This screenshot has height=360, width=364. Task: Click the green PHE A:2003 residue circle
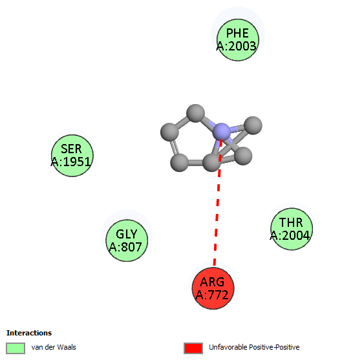coord(238,40)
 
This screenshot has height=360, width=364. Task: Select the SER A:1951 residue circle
coord(72,156)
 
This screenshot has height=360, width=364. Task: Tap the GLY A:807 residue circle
coord(127,240)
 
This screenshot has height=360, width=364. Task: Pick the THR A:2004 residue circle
coord(292,229)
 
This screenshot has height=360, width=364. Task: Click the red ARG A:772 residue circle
coord(213,288)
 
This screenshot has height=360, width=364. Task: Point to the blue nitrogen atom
coord(222,132)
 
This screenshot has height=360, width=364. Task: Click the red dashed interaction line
coord(218,202)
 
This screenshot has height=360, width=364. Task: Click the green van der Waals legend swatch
coord(16,348)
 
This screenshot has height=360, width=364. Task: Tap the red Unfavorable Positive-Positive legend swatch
coord(193,348)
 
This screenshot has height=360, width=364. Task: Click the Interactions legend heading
coord(29,333)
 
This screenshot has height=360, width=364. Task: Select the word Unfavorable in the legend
coord(228,347)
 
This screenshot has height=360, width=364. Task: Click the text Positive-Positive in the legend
coord(274,347)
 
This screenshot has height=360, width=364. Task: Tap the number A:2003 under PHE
coord(237,46)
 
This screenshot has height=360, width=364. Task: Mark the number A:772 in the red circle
coord(212,295)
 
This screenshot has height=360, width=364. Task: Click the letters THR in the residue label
coord(291,222)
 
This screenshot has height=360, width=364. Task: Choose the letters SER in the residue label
coord(71,149)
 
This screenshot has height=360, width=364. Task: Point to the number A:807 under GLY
coord(125,247)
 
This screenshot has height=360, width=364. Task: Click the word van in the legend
coord(36,347)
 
